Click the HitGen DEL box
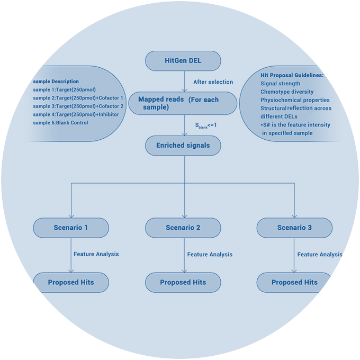click(183, 61)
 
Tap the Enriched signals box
click(183, 145)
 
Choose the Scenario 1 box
click(71, 228)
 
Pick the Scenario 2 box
click(183, 228)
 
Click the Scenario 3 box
click(295, 228)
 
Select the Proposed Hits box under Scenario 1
click(71, 282)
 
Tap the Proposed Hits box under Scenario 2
click(183, 282)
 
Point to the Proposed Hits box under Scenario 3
click(294, 282)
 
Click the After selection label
click(213, 82)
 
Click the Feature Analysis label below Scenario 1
click(96, 254)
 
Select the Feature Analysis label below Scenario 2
click(210, 255)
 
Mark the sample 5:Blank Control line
click(60, 123)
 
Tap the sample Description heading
click(56, 82)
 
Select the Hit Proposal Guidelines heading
click(292, 75)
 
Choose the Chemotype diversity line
click(287, 92)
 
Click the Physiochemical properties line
click(295, 100)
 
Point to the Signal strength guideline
click(281, 84)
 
